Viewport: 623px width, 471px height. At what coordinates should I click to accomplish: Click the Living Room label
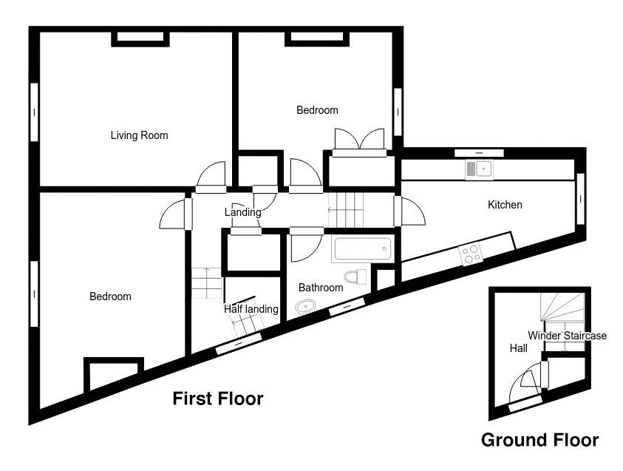tap(139, 135)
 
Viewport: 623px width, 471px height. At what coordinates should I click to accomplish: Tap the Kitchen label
tap(505, 205)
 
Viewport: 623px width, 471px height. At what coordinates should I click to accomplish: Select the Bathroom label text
tap(321, 288)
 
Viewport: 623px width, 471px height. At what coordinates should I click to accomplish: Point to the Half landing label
tap(251, 309)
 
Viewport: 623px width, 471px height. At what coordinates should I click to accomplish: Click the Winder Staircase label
tap(567, 336)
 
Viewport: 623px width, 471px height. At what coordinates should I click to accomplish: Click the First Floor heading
tap(217, 399)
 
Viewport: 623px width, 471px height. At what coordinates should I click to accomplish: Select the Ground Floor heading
tap(539, 441)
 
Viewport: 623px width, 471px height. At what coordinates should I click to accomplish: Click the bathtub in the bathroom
tap(361, 249)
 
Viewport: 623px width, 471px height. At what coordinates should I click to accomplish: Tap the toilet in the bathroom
tap(356, 277)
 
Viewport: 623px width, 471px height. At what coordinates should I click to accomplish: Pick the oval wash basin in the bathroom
tap(305, 306)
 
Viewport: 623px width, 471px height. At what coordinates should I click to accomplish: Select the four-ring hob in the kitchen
tap(471, 254)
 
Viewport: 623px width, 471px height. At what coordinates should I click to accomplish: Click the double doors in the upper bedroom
tap(359, 140)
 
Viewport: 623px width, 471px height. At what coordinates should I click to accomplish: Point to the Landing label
tap(242, 212)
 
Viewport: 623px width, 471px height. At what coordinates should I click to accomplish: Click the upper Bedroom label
tap(317, 110)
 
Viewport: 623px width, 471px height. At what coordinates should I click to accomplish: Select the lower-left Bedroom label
tap(110, 297)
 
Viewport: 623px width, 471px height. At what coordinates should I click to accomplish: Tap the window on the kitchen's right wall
tap(580, 199)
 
